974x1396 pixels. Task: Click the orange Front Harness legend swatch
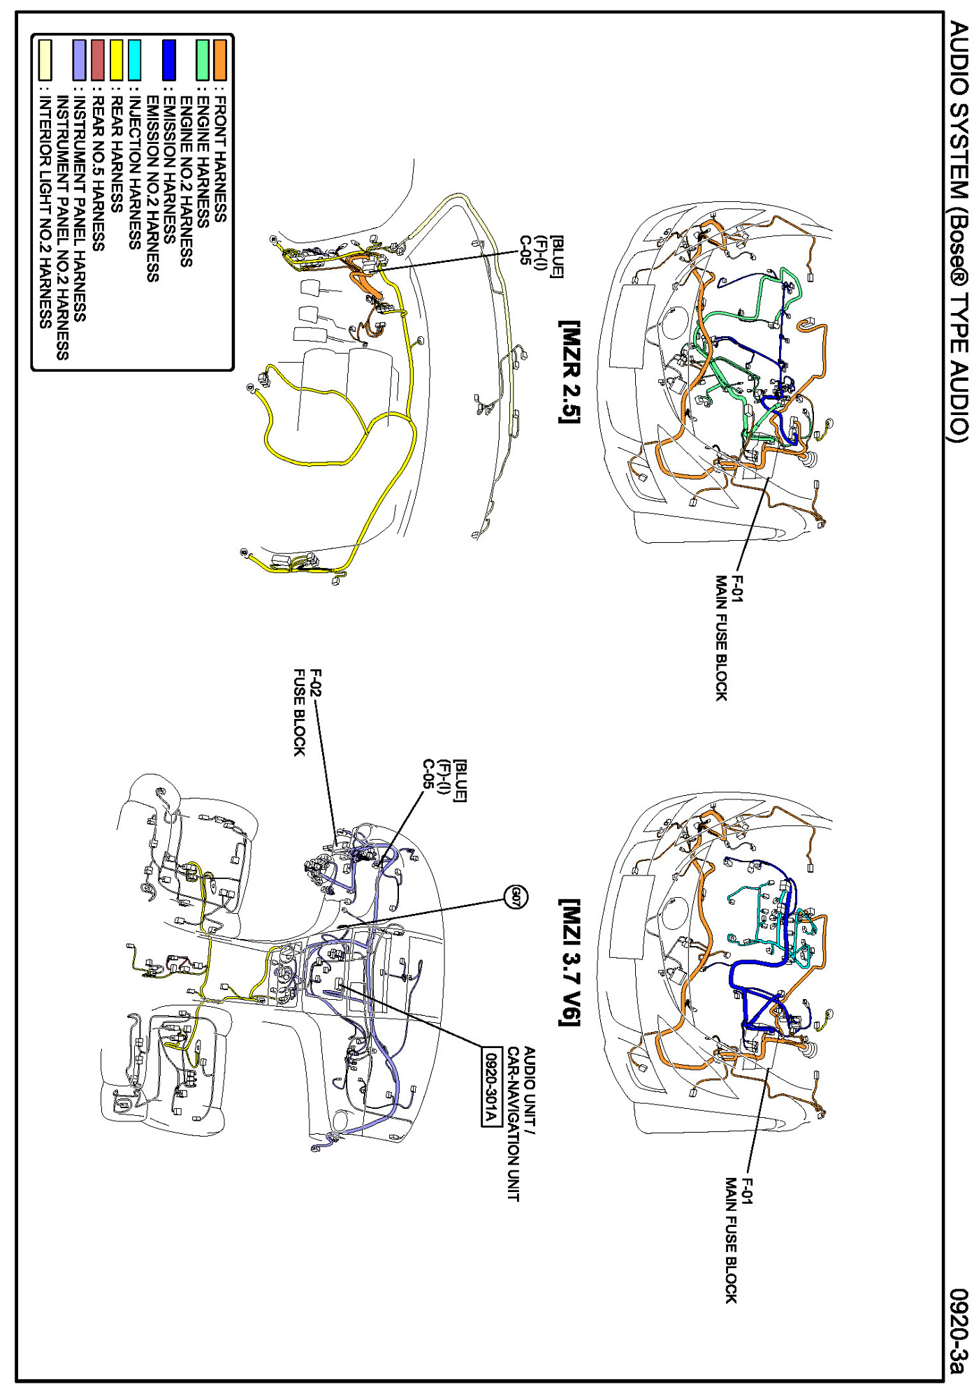click(220, 60)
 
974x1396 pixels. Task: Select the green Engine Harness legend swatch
click(203, 60)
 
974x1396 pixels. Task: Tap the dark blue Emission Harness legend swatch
click(168, 60)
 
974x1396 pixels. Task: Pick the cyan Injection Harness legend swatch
click(134, 60)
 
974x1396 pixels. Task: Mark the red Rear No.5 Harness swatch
click(98, 60)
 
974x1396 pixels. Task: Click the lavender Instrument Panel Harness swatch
click(80, 60)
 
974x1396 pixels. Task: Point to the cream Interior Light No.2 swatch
click(45, 60)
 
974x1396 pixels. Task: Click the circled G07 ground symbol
click(516, 897)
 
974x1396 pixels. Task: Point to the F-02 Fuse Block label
click(307, 712)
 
